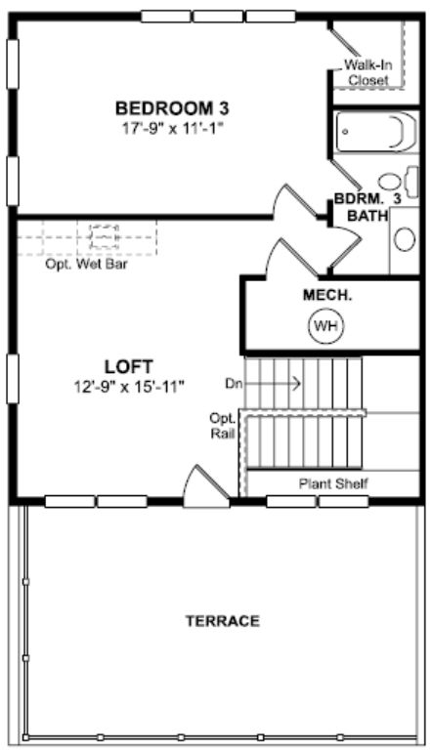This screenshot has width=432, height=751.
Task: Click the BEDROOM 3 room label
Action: [x=172, y=108]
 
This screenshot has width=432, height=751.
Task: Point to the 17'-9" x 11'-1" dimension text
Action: [x=172, y=128]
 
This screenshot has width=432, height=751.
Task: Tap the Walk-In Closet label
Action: [x=367, y=72]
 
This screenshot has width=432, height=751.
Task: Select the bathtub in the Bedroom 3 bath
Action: [x=375, y=131]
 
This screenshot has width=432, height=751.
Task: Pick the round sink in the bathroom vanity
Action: [x=405, y=239]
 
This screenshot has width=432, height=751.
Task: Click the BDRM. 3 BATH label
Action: [x=367, y=207]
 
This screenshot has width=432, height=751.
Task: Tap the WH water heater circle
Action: [x=326, y=326]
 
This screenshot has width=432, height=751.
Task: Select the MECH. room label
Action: [x=327, y=295]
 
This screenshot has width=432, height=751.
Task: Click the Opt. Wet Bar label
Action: [x=86, y=264]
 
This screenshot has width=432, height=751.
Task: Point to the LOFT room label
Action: [x=128, y=367]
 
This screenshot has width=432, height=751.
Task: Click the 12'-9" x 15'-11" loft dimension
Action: [x=128, y=386]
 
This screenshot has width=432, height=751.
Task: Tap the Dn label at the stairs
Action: [x=233, y=384]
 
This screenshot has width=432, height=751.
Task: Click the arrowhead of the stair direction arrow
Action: [x=298, y=383]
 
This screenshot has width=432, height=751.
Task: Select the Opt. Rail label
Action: [x=223, y=426]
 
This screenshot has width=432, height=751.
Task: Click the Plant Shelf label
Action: [x=333, y=483]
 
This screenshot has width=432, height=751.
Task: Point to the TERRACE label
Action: [x=223, y=621]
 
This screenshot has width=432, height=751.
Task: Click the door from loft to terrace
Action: [x=206, y=486]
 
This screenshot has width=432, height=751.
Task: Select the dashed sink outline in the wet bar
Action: [x=104, y=236]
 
